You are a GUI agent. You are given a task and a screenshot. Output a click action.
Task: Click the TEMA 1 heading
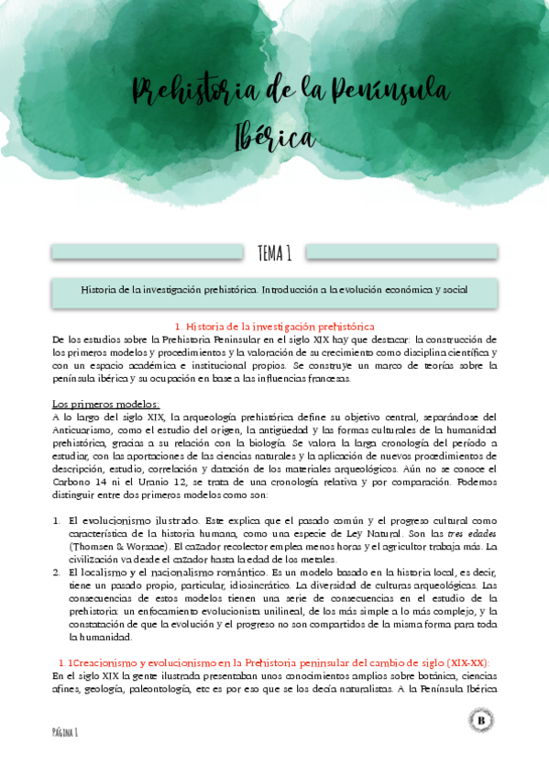[274, 252]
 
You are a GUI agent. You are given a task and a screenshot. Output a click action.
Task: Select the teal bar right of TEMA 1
[401, 252]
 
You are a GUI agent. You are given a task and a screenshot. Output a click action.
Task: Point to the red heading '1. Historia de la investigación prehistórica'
[274, 327]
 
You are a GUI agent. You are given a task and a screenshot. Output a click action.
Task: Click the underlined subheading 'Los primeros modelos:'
[105, 404]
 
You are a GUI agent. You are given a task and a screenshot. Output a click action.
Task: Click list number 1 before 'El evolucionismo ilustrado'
[57, 520]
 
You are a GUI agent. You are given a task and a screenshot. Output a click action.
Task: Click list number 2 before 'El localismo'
[57, 572]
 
